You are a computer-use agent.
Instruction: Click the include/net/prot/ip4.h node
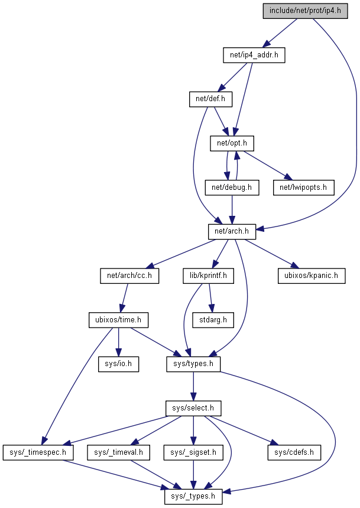(x=305, y=11)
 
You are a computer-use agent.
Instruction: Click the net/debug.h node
(x=232, y=187)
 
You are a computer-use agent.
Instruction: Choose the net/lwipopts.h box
(x=303, y=187)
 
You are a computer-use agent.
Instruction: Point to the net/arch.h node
(x=228, y=231)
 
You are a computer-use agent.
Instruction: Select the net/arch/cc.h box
(x=129, y=276)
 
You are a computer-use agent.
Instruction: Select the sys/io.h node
(x=118, y=364)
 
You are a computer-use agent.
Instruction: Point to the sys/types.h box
(x=193, y=364)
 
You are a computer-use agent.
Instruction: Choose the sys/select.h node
(x=193, y=408)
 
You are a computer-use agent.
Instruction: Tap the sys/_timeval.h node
(x=118, y=452)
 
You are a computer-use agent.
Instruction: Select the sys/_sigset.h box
(x=193, y=452)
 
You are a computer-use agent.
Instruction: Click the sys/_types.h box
(x=193, y=496)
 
